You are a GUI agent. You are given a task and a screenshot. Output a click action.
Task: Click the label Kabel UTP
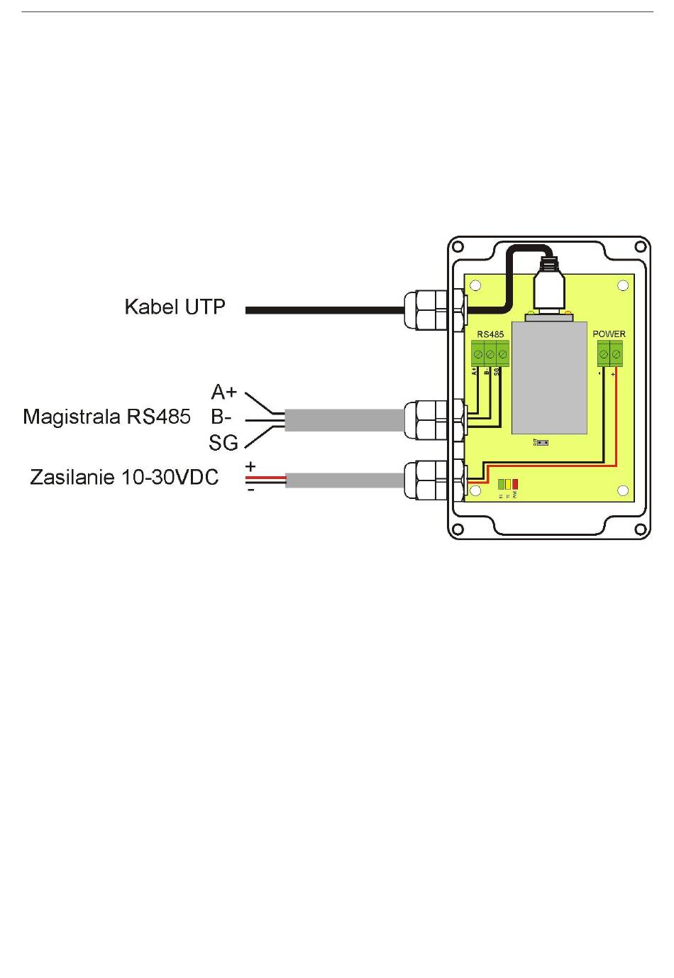coord(175,307)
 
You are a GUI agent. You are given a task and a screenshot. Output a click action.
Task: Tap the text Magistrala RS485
coord(106,416)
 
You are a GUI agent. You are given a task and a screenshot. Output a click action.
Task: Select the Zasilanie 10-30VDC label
coord(124,477)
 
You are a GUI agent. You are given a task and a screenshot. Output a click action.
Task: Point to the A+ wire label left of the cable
coord(224,392)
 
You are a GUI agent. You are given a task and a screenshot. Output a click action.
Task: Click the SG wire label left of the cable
coord(223,443)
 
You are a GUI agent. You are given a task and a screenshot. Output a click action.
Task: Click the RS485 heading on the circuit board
coord(490,334)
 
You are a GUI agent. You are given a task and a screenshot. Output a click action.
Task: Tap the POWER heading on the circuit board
coord(609,334)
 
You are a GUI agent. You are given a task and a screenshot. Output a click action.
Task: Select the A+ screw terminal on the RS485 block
coord(478,352)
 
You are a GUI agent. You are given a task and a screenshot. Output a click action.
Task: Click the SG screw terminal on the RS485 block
coord(502,352)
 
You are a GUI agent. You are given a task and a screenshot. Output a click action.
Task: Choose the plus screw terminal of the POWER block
coord(616,352)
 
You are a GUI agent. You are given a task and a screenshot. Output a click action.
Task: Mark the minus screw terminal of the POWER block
coord(604,352)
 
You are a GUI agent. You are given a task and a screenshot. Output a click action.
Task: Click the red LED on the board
coord(515,484)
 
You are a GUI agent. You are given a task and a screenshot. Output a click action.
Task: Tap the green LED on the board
coord(502,484)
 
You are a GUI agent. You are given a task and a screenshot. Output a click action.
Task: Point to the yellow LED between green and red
coord(508,484)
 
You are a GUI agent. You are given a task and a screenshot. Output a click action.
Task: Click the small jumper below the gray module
coord(543,442)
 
